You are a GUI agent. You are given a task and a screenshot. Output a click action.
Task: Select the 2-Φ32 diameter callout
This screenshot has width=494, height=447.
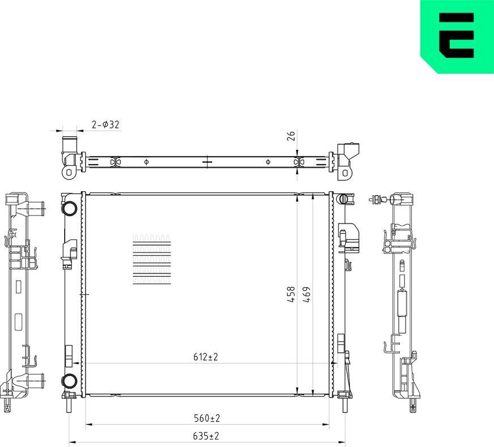tap(105, 125)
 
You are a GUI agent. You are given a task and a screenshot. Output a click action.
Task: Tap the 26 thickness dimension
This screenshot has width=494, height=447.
tap(290, 136)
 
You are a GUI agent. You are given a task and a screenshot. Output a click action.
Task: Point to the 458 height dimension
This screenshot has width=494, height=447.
tap(290, 294)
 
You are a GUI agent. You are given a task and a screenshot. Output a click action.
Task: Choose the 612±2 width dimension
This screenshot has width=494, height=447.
tap(205, 357)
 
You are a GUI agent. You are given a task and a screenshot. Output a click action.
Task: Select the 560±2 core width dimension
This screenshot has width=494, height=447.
tap(206, 418)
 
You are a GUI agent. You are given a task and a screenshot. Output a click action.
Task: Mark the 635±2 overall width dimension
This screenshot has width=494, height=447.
tap(206, 436)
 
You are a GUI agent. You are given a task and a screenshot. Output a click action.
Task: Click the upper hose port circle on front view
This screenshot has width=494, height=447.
tap(70, 208)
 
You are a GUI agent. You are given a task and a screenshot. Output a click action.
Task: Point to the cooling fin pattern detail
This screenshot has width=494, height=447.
tap(151, 259)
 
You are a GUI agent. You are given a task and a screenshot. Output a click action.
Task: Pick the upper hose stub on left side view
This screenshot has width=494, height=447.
tap(35, 208)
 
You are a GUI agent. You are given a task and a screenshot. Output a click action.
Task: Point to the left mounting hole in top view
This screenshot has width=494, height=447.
tap(69, 171)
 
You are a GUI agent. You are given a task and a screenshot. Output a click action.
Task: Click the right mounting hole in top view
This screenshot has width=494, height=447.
tap(344, 172)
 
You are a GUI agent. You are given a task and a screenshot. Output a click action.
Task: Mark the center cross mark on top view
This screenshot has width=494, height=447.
tap(207, 162)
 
